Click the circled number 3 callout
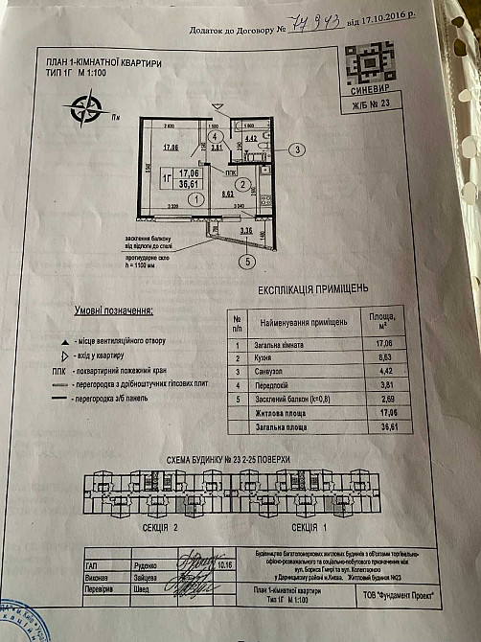coord(299,149)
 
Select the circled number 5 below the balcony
coord(247,260)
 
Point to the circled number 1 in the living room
coord(195,199)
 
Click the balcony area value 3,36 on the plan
coord(245,230)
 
